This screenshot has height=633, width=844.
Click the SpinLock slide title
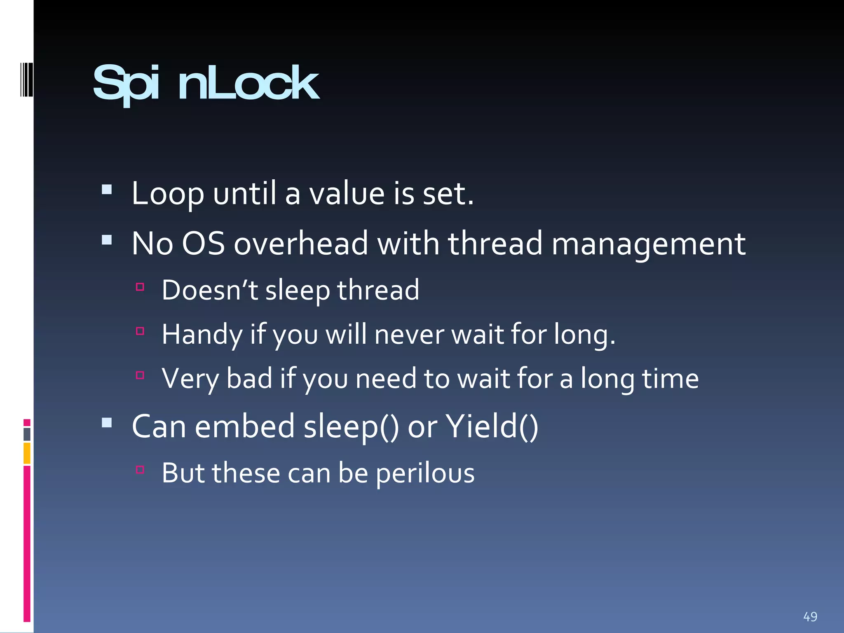(206, 84)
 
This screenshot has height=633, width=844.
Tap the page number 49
(810, 617)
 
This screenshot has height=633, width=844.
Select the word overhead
(301, 244)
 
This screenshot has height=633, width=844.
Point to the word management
(648, 244)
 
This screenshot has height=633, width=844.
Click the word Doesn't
(210, 290)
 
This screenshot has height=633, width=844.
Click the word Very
(190, 379)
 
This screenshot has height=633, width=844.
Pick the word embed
(244, 427)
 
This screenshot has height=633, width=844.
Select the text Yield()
(492, 427)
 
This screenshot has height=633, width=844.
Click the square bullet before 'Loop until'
(107, 189)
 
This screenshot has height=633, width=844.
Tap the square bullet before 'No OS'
(107, 240)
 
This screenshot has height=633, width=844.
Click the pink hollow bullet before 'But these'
(140, 469)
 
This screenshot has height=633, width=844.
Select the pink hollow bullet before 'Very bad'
(140, 375)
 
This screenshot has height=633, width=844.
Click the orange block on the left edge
(27, 453)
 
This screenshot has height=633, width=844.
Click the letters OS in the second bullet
(203, 244)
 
